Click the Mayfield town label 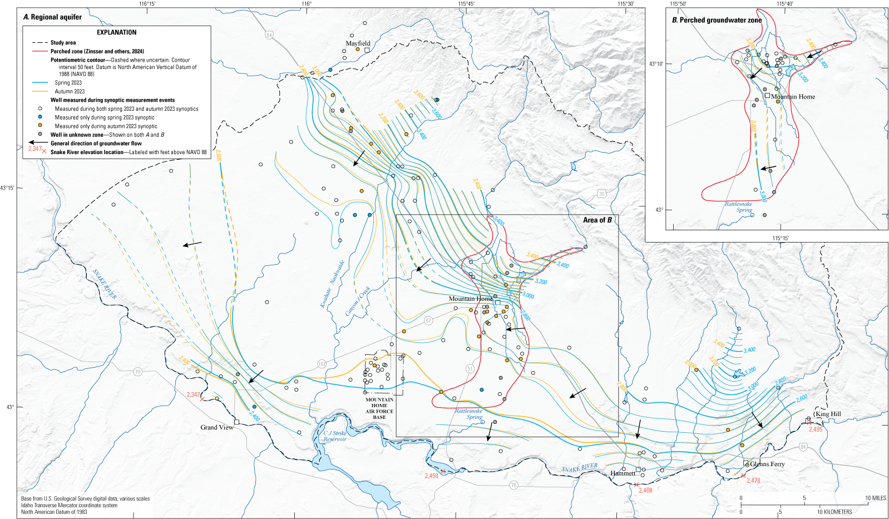357,43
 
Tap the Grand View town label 217,427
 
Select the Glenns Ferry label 767,464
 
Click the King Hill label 828,414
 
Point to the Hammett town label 623,473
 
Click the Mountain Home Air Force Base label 379,408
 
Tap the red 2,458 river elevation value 431,476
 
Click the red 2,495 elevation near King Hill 816,429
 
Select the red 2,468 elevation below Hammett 645,491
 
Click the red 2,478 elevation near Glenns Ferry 753,481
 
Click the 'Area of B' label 597,220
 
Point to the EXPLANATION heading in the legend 116,32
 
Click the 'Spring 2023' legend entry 68,83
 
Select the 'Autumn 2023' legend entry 70,91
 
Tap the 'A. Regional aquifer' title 52,17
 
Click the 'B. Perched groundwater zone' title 717,20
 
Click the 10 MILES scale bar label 875,498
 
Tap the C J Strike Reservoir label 335,436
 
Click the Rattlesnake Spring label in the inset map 738,207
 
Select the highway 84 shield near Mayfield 269,34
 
